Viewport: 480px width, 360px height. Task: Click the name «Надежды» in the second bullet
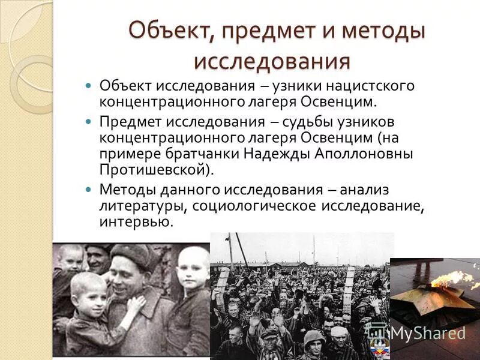278,153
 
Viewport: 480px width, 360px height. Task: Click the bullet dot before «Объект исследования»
88,85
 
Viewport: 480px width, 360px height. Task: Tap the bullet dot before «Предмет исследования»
88,122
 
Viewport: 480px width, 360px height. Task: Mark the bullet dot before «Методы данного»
88,190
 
